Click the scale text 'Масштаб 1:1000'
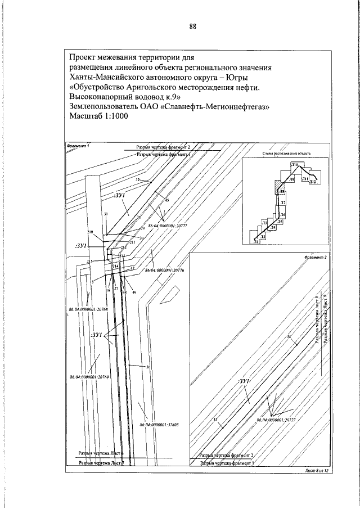coord(98,116)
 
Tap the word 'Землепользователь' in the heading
coord(107,106)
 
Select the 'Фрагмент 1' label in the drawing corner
coord(78,146)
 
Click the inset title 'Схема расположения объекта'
coord(286,152)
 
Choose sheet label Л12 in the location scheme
coord(313,182)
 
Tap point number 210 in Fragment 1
coord(90,232)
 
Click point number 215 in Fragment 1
coord(89,262)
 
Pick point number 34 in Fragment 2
coord(289,337)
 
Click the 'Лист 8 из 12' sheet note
coord(316,471)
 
